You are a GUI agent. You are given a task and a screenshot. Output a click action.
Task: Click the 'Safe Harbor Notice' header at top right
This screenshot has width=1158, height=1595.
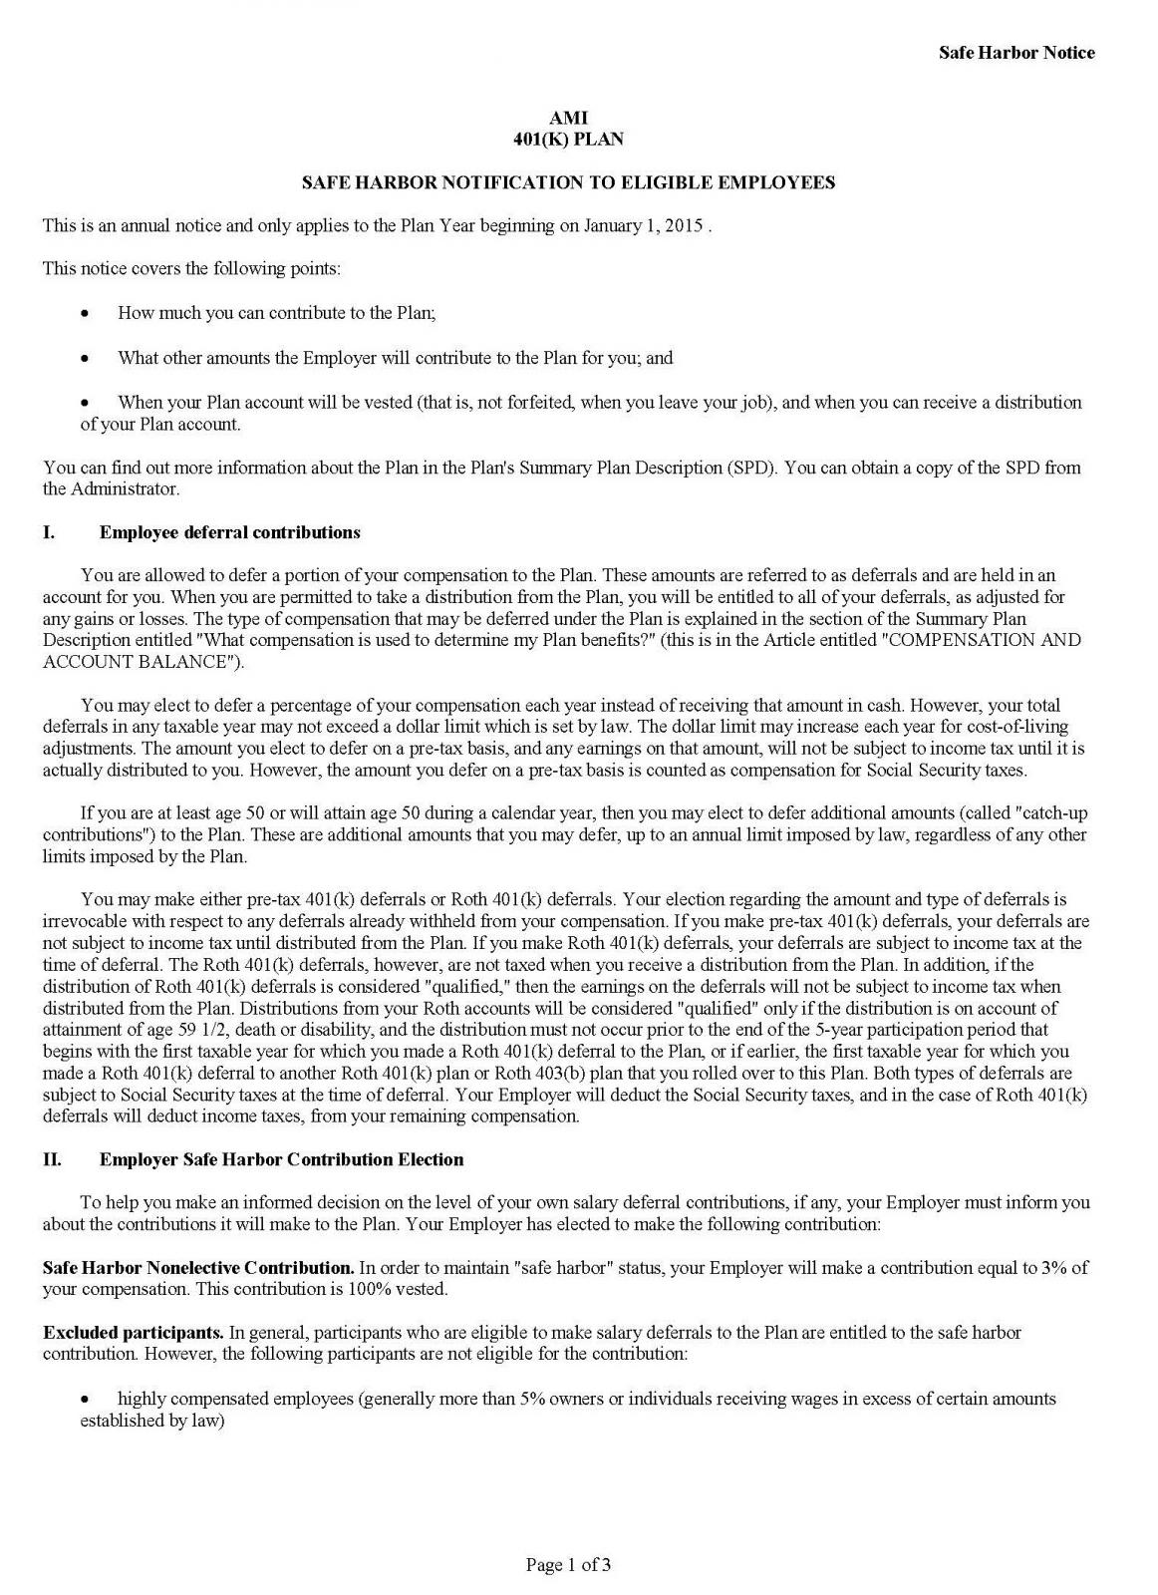(1015, 53)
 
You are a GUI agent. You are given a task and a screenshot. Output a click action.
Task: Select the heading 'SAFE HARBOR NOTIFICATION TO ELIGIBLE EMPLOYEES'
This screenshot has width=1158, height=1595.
(568, 182)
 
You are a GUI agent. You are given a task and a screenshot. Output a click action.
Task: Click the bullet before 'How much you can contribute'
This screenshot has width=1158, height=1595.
(86, 314)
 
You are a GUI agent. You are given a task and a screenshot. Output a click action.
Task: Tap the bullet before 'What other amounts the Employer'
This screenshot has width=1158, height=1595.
(86, 358)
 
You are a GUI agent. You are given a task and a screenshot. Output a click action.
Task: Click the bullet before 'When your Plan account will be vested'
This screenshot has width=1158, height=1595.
(86, 403)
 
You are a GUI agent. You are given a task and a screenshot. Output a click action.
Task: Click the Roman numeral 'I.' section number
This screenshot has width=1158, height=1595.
(49, 532)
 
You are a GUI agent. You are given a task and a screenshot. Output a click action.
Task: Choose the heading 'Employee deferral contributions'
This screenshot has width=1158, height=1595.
(229, 532)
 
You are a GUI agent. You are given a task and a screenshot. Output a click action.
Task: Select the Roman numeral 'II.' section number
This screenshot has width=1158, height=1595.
(52, 1159)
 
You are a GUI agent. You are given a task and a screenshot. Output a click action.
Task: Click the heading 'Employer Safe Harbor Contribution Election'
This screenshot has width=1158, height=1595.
(281, 1159)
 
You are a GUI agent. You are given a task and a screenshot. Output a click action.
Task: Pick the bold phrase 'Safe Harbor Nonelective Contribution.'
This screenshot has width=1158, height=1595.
(198, 1268)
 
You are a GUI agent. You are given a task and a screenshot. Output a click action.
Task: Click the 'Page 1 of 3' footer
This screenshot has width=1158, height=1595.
(568, 1565)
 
